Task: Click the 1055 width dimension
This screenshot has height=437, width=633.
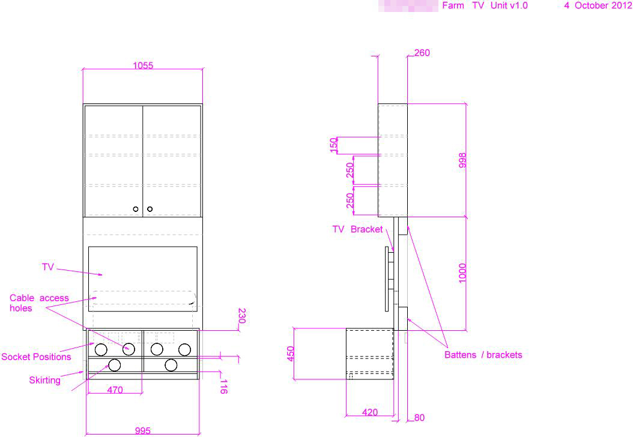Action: coord(143,65)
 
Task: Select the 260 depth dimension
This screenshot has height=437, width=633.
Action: coord(422,53)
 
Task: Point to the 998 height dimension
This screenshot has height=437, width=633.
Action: coord(462,160)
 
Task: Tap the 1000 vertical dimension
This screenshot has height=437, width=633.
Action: coord(462,274)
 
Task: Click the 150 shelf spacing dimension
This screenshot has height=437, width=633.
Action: coord(334,145)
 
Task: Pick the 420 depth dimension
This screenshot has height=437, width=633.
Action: coord(371,412)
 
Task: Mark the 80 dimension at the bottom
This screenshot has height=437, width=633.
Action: coord(419,418)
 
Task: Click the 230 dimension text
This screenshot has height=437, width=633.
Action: coord(242,316)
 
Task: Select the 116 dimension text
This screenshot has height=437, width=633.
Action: coord(223,386)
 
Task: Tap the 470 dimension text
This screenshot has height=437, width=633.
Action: coord(115,390)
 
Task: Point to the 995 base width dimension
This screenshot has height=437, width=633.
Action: coord(143,431)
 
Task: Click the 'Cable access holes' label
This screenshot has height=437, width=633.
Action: coord(39,303)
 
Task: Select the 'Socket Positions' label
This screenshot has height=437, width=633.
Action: coord(36,357)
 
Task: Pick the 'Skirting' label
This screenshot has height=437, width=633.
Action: coord(45,380)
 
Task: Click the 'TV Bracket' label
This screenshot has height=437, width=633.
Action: coord(357,229)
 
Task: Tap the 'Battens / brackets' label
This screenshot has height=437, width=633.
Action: coord(483,355)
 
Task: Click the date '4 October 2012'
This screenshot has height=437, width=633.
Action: coord(598,6)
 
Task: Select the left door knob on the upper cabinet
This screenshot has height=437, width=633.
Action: coord(136,209)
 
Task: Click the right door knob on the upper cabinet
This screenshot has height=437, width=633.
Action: coord(150,209)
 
